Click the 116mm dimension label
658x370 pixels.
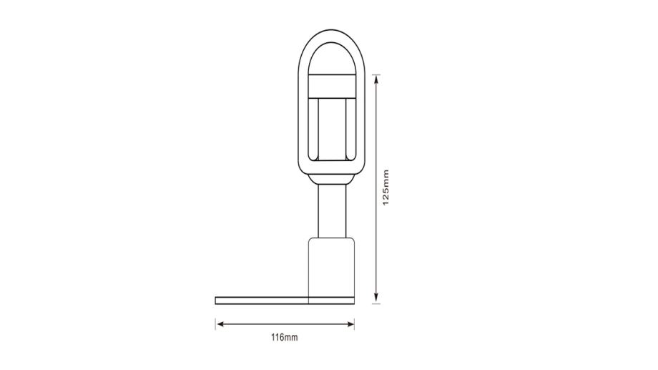click(x=285, y=337)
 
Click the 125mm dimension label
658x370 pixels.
click(x=386, y=188)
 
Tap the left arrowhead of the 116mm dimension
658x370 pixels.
click(x=220, y=323)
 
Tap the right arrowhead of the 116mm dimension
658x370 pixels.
click(x=350, y=323)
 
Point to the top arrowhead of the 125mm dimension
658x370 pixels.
click(x=376, y=79)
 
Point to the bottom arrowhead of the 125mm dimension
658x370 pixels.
click(x=376, y=298)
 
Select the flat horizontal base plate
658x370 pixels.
click(x=285, y=301)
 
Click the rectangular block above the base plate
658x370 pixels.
click(x=332, y=267)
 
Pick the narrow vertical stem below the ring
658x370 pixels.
click(x=332, y=211)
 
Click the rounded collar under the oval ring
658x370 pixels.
click(x=332, y=179)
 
